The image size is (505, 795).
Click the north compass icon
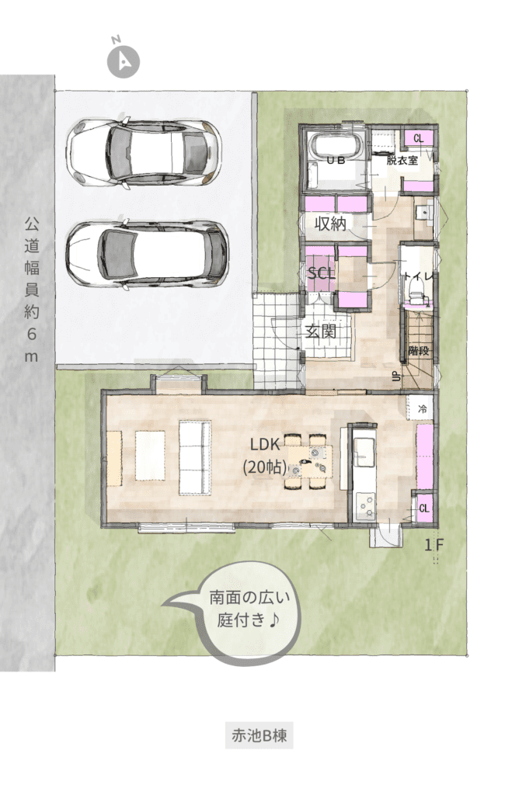click(124, 61)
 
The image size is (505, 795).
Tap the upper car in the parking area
click(144, 153)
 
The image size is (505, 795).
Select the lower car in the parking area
click(147, 253)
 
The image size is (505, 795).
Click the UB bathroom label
click(336, 160)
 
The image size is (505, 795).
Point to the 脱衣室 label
click(402, 160)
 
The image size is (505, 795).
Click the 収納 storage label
click(330, 223)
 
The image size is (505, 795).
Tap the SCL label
click(322, 273)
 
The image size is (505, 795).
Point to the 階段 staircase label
click(420, 350)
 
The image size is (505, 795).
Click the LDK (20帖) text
click(265, 455)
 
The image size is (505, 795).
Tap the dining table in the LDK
click(308, 461)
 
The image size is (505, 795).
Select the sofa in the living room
click(195, 458)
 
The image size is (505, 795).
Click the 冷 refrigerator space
click(422, 408)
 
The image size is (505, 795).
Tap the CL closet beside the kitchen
click(424, 508)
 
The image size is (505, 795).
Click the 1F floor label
click(434, 545)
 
